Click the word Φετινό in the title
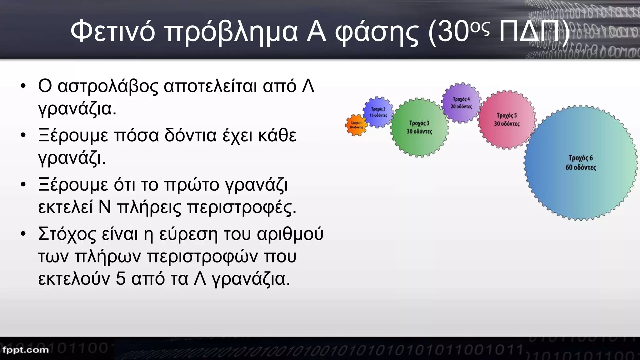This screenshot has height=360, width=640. click(112, 32)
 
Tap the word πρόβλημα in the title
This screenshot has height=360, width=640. click(231, 32)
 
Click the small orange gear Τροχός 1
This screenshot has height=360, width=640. click(356, 125)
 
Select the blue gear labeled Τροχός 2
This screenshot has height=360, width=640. click(378, 112)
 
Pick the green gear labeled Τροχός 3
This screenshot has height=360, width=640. click(419, 127)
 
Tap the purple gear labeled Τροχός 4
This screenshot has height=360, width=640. click(461, 102)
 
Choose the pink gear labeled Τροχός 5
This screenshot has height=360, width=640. click(507, 119)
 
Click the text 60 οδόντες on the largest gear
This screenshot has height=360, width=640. click(581, 167)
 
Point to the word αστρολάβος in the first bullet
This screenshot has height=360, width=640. click(107, 86)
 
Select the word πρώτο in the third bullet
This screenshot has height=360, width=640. click(192, 185)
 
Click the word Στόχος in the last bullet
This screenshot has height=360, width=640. click(67, 234)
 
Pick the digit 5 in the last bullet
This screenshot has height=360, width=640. click(120, 278)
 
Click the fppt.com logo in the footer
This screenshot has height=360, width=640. click(26, 350)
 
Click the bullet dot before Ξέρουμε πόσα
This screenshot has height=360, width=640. click(23, 135)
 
